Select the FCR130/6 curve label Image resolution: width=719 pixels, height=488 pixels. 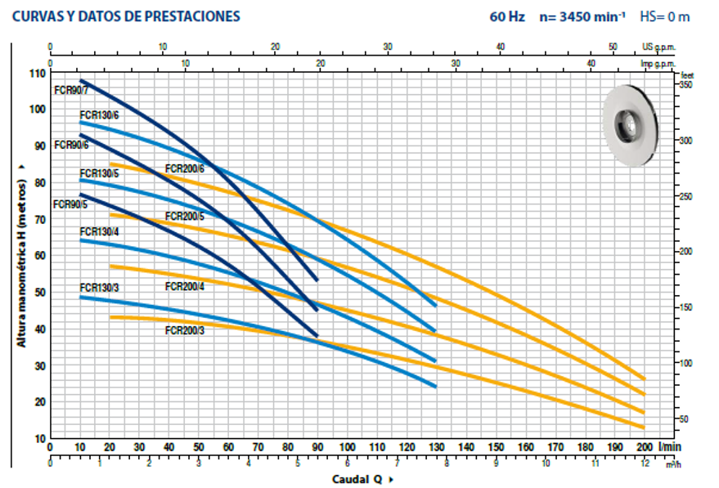(x=99, y=115)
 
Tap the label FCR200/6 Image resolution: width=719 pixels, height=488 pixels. (x=184, y=168)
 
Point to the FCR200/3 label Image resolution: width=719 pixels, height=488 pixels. (x=184, y=330)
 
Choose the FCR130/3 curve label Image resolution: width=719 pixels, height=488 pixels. (x=99, y=287)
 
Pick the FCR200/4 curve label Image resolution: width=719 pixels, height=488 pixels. (x=184, y=286)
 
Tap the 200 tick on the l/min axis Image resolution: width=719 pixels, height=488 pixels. (x=644, y=448)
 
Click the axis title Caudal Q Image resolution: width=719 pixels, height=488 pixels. (x=357, y=479)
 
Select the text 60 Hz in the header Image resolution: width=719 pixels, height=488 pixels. (x=507, y=16)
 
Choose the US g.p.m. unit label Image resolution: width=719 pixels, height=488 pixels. (x=659, y=47)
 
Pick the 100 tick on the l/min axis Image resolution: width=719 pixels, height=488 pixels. (x=347, y=448)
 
